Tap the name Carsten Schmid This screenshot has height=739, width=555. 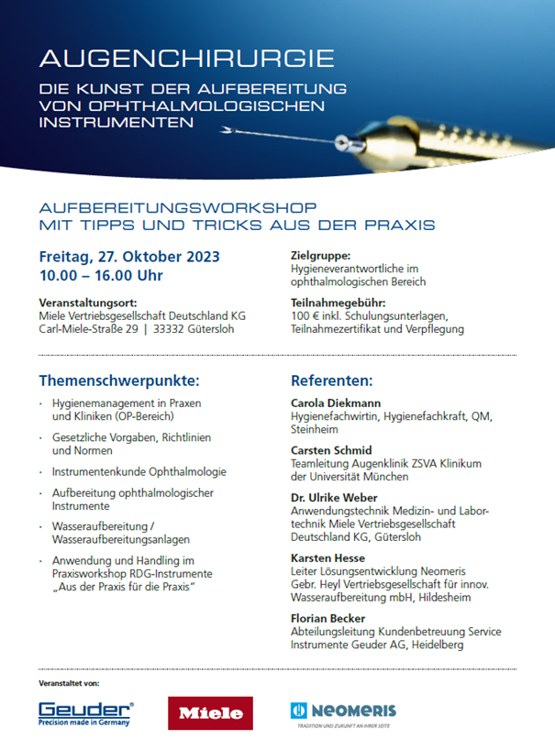(331, 451)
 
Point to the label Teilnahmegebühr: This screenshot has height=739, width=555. (336, 303)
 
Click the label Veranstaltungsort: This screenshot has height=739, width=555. (87, 303)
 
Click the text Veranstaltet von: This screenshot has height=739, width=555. (69, 684)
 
